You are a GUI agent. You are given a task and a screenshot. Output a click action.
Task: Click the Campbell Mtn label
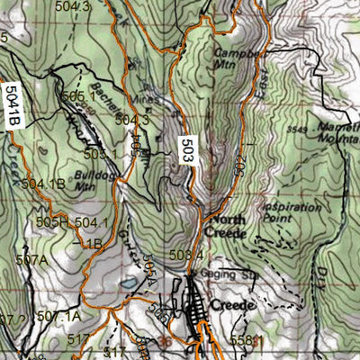coord(231,58)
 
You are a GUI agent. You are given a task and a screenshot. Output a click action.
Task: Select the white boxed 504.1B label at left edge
coord(12,106)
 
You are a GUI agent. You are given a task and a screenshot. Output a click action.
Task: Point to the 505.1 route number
coord(78,96)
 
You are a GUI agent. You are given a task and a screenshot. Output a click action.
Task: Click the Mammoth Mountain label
coord(337,133)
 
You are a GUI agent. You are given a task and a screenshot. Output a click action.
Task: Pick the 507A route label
coord(31,260)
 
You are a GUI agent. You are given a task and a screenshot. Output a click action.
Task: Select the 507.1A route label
coord(61,316)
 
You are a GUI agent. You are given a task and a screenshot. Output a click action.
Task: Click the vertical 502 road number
coord(240,165)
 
